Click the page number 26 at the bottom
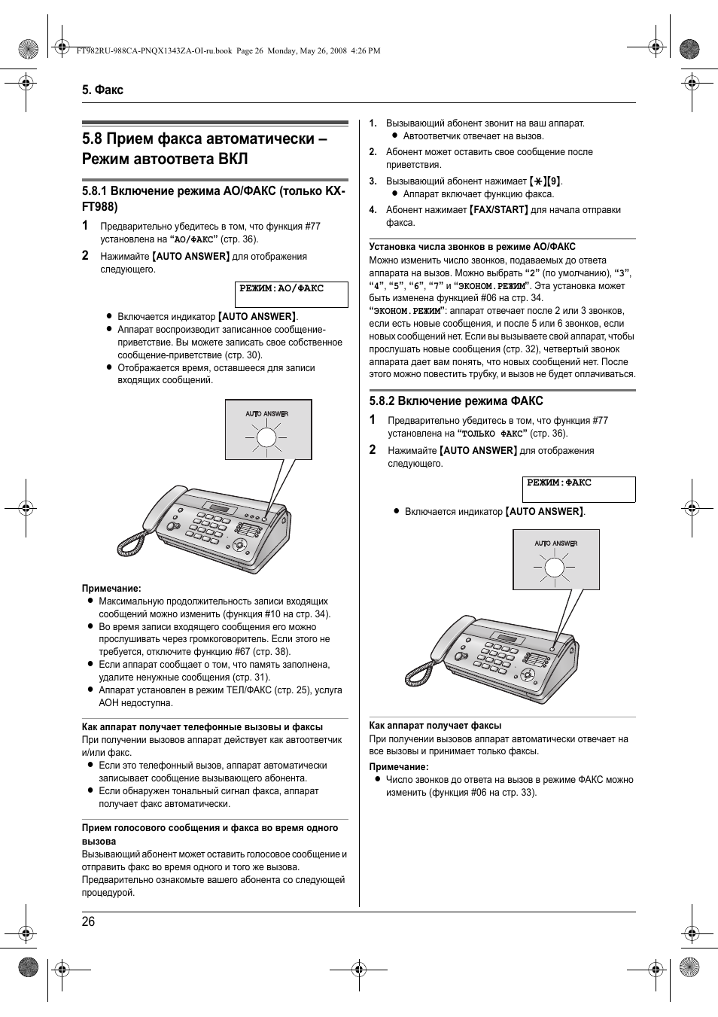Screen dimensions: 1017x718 tap(89, 922)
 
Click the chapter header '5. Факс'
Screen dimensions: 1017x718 tap(102, 90)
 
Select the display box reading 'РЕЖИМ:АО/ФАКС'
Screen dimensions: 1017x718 tap(291, 294)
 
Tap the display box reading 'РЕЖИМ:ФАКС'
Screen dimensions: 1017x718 tap(578, 489)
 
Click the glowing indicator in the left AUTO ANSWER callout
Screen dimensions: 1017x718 tap(267, 438)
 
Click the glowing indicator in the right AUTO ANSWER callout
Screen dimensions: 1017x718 tap(555, 568)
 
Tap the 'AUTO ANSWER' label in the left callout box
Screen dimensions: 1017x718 tap(267, 413)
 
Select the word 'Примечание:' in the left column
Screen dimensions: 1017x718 tap(111, 589)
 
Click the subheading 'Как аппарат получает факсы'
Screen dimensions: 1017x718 tap(435, 726)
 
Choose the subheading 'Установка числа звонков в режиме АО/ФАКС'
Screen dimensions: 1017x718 tap(472, 247)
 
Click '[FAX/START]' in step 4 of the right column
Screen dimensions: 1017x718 tap(498, 210)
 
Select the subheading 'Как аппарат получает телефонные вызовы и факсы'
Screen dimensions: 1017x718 tap(202, 727)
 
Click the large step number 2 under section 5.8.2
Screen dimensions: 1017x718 tap(373, 449)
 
